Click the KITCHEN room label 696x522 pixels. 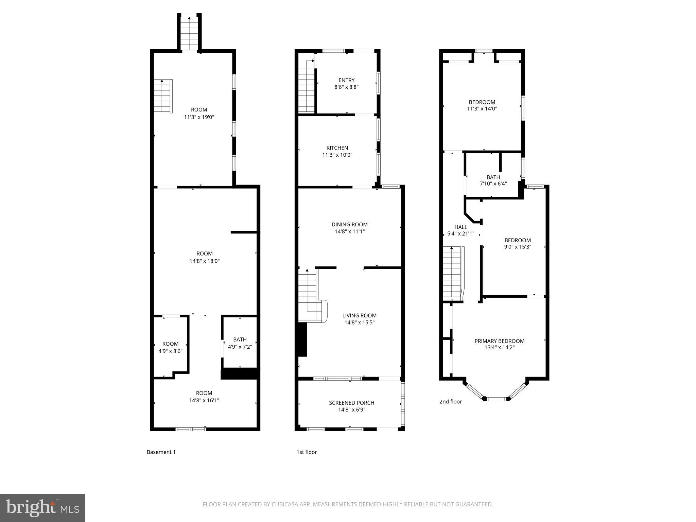click(x=337, y=148)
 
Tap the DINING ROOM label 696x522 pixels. click(x=350, y=224)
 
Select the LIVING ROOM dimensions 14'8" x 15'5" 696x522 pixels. click(x=359, y=323)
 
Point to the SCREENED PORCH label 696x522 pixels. click(x=351, y=403)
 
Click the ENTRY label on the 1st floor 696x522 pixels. click(x=346, y=80)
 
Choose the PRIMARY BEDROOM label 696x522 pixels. click(x=499, y=341)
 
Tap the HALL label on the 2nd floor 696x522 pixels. click(x=460, y=227)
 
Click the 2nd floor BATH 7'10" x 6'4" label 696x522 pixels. click(x=493, y=180)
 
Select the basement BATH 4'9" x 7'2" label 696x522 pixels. click(x=240, y=343)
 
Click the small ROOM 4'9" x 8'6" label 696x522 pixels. click(x=170, y=347)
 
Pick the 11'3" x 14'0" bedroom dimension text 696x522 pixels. click(x=482, y=109)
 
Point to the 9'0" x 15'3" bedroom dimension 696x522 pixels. click(x=518, y=247)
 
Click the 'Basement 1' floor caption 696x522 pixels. click(x=161, y=452)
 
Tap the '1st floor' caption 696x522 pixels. click(x=307, y=452)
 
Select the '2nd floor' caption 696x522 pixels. click(x=450, y=402)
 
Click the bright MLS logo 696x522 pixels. click(x=42, y=508)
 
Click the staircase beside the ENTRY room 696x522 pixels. click(x=307, y=90)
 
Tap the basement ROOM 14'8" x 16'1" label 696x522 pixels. click(x=204, y=397)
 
